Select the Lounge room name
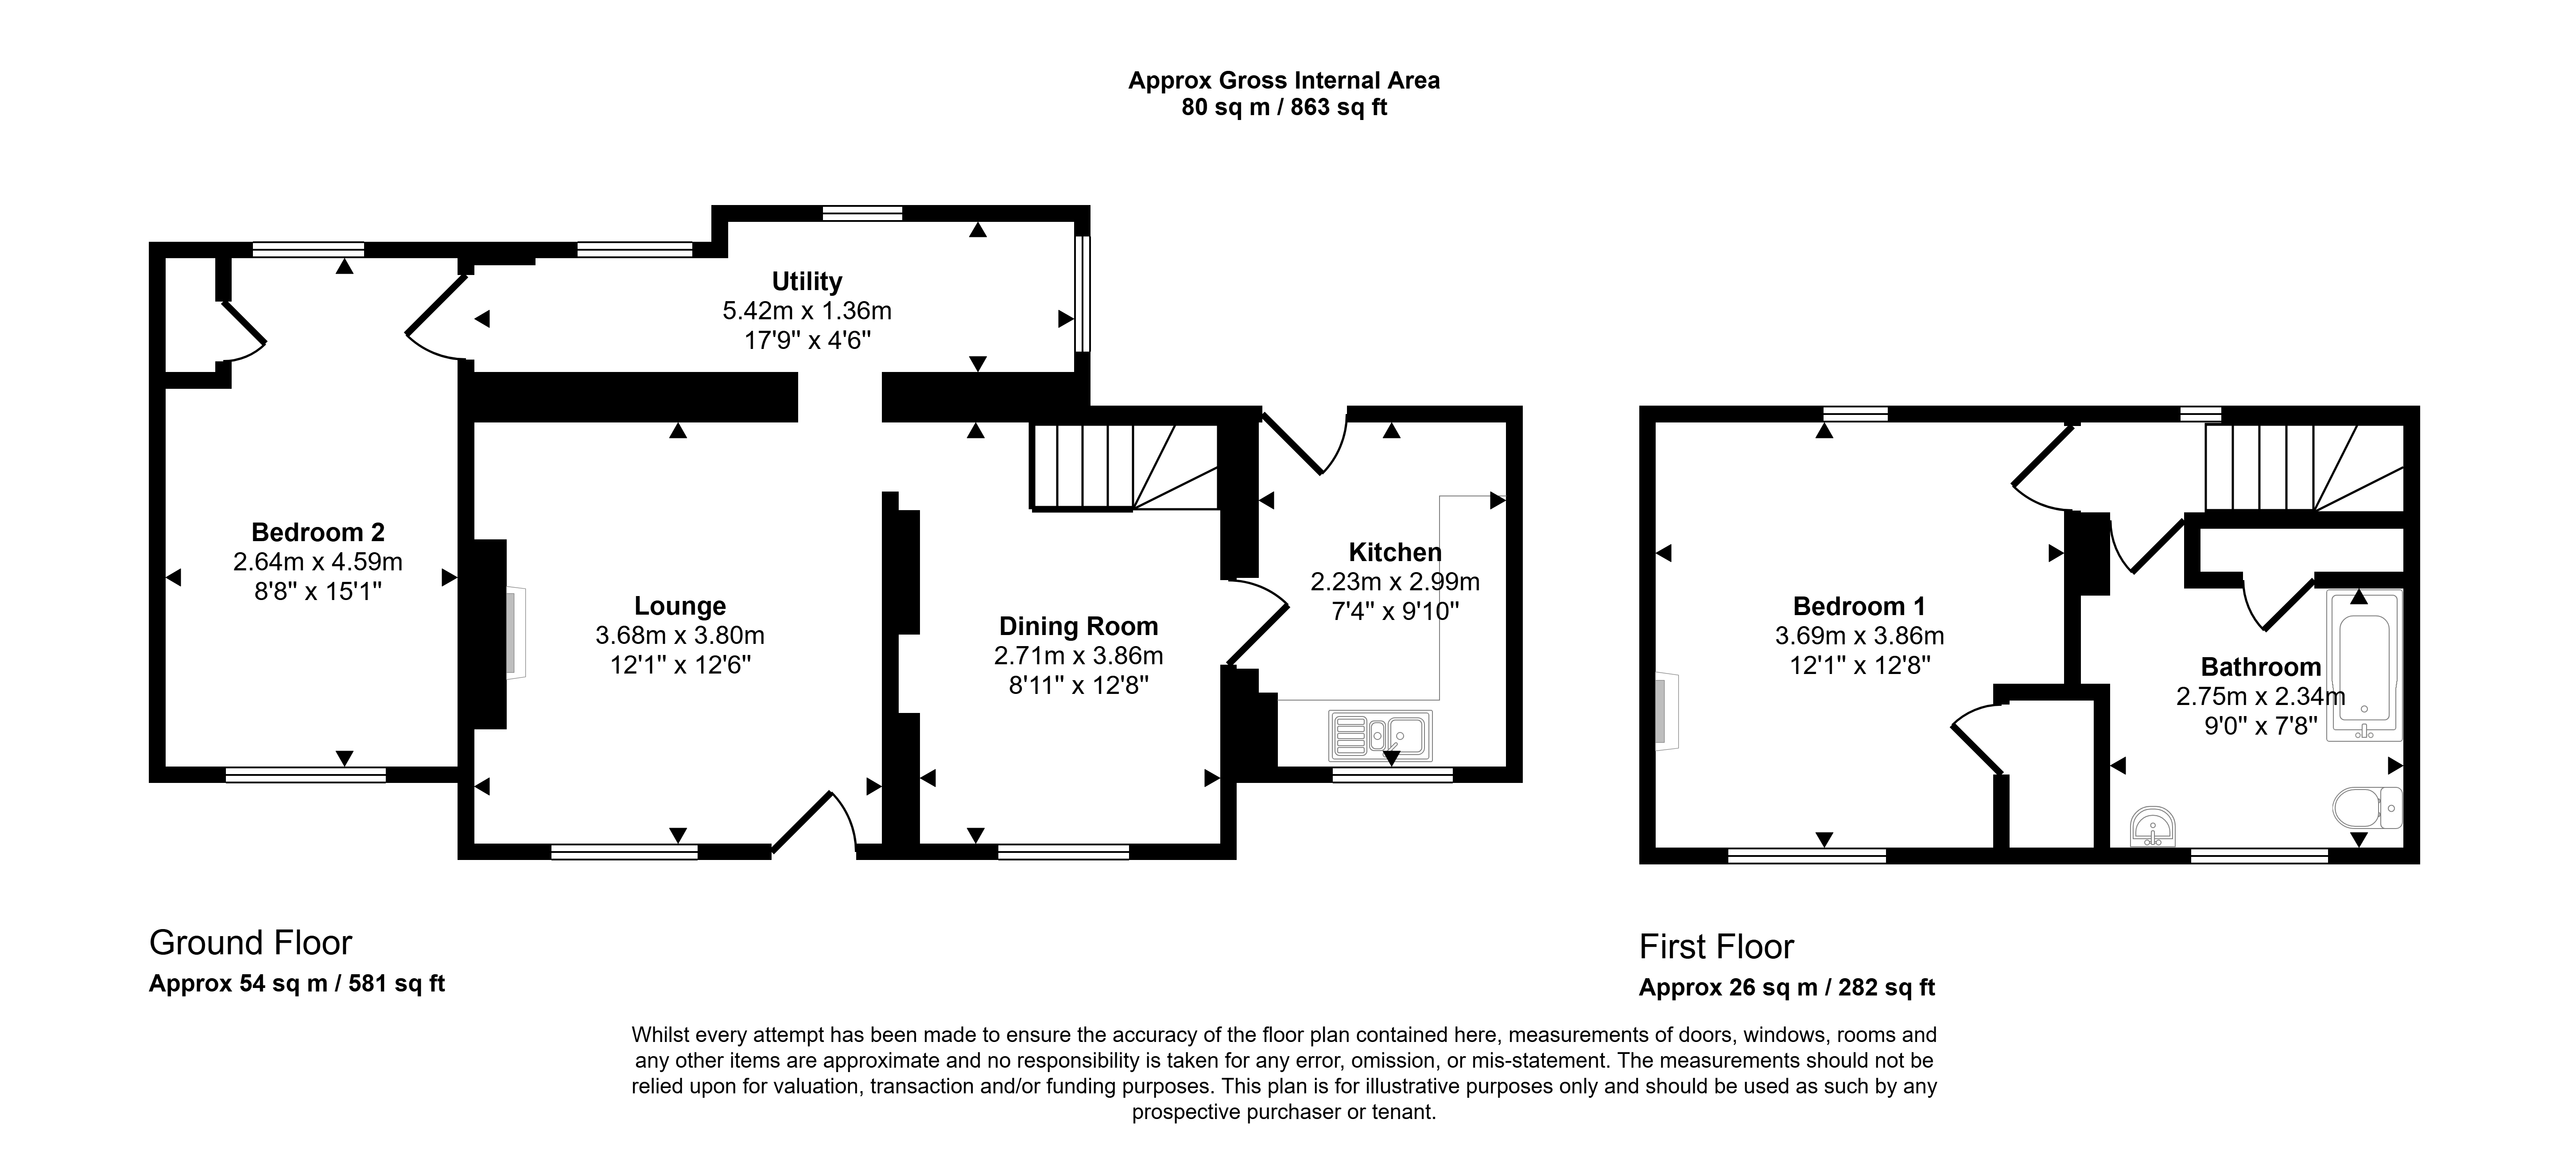680,606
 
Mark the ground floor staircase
1125,467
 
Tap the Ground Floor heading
250,942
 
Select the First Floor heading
1716,946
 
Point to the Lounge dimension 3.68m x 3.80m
680,635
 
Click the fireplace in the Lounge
512,633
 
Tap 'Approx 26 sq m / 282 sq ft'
1787,988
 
